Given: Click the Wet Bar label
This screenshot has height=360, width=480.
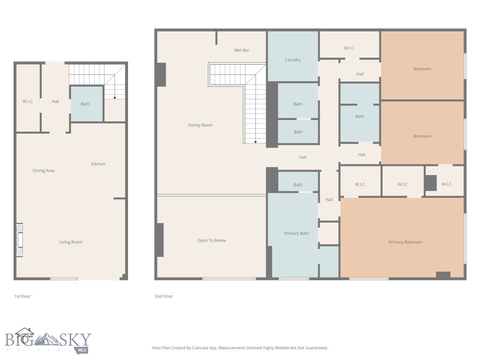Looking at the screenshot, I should coord(241,50).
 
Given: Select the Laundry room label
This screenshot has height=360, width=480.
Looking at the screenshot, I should coord(292,60).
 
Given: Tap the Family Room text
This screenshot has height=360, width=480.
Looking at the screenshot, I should coord(200,125).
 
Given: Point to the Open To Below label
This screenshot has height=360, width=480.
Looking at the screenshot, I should coord(211,240).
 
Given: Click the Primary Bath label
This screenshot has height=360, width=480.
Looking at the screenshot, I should coord(296,233).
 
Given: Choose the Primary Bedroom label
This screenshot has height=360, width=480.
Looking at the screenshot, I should coord(405,242).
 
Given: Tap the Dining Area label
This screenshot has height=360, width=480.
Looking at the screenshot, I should coord(44,171).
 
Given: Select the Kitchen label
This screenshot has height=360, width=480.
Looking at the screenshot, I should coord(98,164).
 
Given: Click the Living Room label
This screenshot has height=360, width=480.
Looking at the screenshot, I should coord(70,242).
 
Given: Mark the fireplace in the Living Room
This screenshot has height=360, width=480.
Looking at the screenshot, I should coord(20,240).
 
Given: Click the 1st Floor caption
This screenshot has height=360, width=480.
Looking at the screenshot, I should coord(22,296).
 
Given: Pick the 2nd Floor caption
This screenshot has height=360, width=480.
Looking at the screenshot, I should coord(164,296).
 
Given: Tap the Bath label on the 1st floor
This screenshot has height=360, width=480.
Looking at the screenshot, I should coord(85,104).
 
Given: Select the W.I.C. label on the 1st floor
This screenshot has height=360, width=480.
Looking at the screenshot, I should coord(28,101).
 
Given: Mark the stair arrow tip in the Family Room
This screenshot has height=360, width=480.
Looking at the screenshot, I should coord(255,142).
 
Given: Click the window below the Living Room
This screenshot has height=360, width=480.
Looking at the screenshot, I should coord(64,279).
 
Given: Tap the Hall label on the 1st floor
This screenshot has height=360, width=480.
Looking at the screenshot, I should coord(55,101).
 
